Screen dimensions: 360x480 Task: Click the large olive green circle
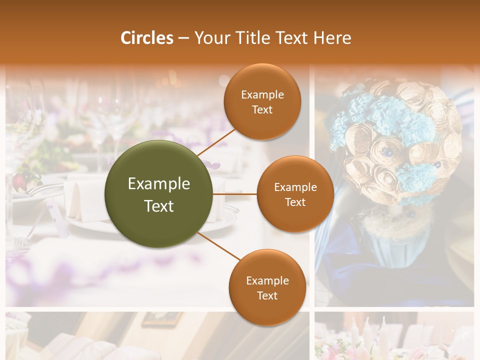(159, 194)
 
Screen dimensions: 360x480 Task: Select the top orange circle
(262, 101)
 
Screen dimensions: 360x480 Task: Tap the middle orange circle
(295, 194)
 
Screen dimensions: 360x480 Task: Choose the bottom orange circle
(267, 287)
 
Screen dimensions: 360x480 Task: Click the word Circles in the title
(147, 38)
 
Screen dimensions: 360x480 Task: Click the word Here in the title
(333, 38)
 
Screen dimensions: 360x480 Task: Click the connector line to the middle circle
(235, 194)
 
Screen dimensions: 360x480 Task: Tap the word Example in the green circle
(159, 184)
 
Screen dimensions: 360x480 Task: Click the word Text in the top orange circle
(262, 110)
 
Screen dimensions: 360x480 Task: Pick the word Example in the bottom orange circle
(267, 280)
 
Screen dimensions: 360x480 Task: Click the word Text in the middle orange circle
(295, 202)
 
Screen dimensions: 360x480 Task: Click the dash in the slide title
(183, 38)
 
